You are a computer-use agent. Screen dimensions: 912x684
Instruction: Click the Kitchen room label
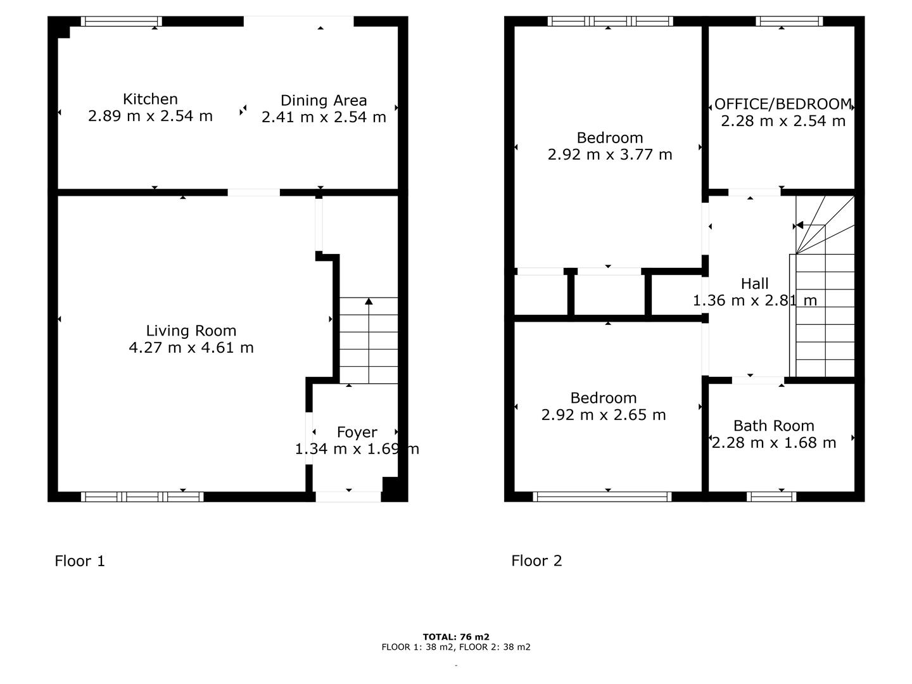point(150,99)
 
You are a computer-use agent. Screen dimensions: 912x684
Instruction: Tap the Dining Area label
point(324,101)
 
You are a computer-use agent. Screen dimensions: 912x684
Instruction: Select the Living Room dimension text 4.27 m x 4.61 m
point(191,348)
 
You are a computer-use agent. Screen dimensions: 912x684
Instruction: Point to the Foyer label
point(357,433)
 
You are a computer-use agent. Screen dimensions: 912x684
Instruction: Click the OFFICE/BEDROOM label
point(783,104)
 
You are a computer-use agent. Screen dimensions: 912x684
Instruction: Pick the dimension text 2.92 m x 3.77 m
point(609,155)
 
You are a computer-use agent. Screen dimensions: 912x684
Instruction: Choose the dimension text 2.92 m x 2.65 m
point(604,415)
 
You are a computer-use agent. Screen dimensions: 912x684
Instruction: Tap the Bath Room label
point(774,426)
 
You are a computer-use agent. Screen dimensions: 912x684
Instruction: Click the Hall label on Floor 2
point(754,284)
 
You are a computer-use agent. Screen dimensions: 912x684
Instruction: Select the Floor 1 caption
point(80,561)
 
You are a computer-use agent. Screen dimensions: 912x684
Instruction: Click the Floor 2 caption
point(536,561)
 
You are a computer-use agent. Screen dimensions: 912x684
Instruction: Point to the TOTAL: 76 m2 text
point(456,636)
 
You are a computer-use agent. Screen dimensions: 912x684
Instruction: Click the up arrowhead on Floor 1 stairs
point(369,301)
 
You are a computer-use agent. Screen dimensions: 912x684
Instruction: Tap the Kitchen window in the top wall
point(122,21)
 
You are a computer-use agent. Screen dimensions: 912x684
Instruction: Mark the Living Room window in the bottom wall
point(142,497)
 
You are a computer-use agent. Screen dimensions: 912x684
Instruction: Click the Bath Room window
point(771,497)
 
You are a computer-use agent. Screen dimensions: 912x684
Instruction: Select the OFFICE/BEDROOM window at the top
point(789,21)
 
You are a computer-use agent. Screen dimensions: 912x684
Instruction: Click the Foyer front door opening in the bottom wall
point(348,497)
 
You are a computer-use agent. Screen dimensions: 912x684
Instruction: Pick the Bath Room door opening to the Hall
point(758,381)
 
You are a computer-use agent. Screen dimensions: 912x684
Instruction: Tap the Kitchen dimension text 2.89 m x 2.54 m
point(150,117)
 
